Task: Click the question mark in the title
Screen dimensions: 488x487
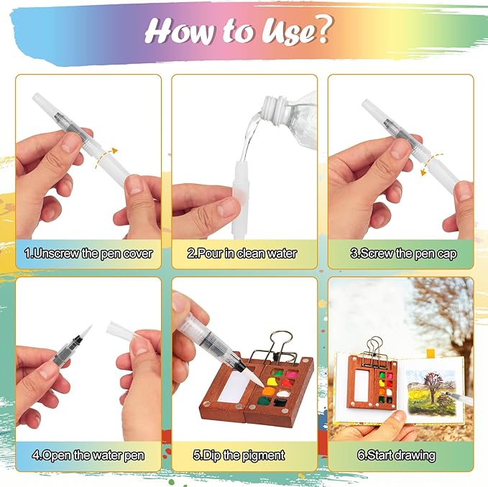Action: pos(321,29)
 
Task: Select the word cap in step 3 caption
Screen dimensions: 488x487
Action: pos(446,254)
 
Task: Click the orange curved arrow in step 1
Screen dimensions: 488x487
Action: pos(105,157)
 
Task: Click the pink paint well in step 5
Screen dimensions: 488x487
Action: pos(292,374)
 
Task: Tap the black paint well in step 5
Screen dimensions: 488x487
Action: pos(280,403)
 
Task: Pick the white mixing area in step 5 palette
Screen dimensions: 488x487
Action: pos(234,386)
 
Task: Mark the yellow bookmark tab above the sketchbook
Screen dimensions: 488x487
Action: pos(431,353)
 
